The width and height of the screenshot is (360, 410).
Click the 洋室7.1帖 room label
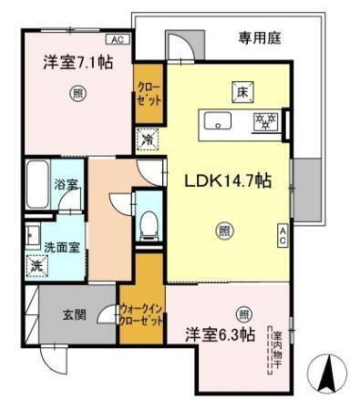pos(77,63)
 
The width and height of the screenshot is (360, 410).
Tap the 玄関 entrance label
pos(74,316)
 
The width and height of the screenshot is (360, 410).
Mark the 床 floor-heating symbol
pos(242,90)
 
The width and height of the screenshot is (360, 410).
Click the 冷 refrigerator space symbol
pos(148,141)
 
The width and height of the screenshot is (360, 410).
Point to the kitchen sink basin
pos(219,120)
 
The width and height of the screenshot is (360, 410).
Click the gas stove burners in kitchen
pos(266,119)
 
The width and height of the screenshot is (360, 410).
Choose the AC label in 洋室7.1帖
pos(118,40)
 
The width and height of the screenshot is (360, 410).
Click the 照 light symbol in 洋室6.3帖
pos(243,313)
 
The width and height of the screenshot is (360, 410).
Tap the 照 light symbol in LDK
pos(223,231)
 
